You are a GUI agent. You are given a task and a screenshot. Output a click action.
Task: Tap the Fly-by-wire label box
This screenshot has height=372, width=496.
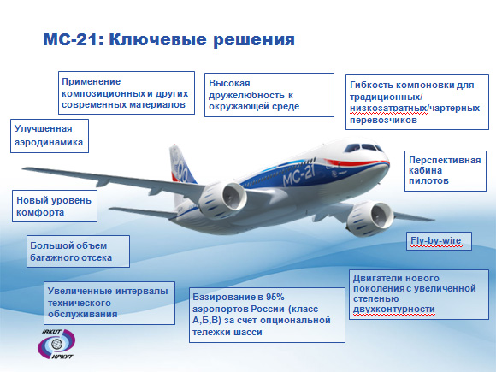[439, 241]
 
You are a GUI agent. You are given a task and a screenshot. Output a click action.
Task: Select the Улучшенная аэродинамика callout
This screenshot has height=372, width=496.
[50, 136]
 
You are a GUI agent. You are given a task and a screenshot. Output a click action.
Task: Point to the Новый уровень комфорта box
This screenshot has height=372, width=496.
[55, 206]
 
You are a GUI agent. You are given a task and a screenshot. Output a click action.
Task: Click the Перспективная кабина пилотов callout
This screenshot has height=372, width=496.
[446, 171]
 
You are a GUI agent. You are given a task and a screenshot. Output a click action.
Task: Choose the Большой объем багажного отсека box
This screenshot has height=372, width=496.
[78, 251]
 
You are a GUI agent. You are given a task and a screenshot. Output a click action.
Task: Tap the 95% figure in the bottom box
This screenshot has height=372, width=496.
[275, 297]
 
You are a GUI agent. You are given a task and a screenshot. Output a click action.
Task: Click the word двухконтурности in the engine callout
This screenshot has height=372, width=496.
[394, 309]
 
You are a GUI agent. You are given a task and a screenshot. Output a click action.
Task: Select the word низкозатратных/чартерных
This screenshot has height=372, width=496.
[415, 109]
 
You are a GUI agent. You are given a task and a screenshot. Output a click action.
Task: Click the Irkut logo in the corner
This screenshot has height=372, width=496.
[56, 344]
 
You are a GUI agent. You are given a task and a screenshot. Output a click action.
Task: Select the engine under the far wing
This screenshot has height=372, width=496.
[369, 219]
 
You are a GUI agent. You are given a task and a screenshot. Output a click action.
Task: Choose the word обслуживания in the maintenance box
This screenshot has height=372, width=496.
[83, 314]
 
